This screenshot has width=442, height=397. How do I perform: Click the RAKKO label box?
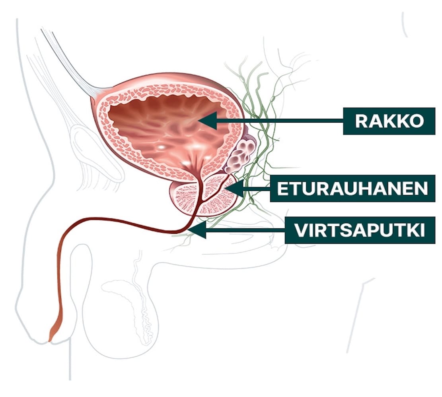389,121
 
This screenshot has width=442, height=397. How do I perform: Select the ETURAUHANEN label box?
352,189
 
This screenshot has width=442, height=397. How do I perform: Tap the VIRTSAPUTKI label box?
360,230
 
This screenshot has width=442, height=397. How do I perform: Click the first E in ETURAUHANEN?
282,189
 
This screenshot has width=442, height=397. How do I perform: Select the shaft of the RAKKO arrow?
278,121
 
